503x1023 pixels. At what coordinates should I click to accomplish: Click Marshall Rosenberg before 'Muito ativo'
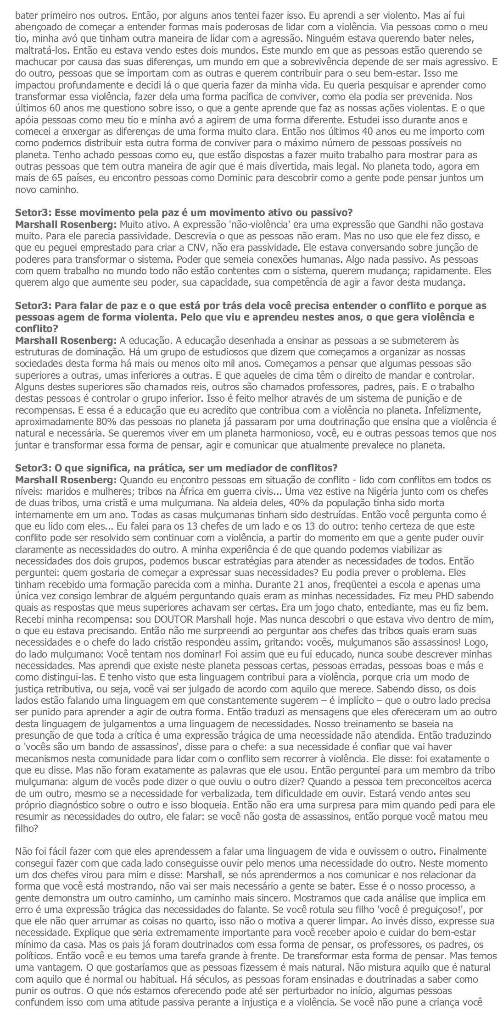click(66, 225)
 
